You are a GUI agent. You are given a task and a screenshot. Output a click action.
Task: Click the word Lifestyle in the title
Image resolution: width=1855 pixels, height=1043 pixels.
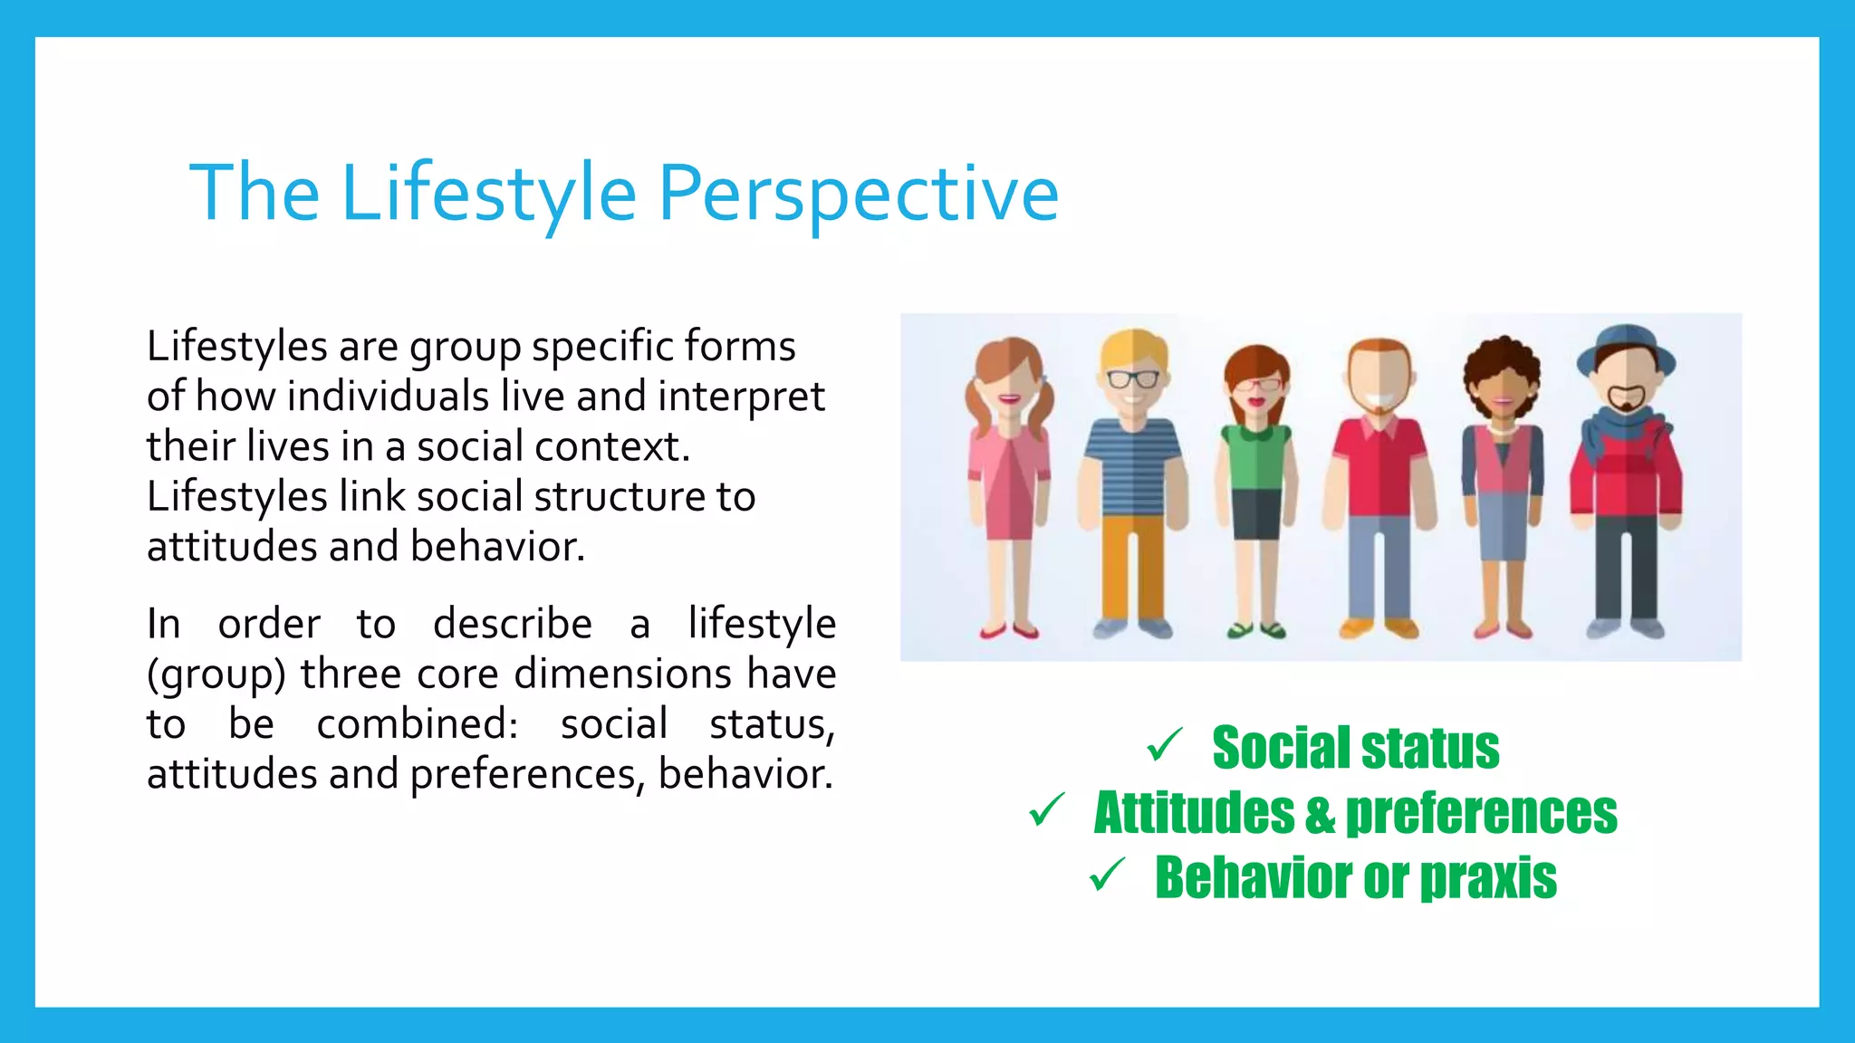coord(489,193)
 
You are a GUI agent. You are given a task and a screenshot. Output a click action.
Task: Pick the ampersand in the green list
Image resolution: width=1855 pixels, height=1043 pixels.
coord(1320,813)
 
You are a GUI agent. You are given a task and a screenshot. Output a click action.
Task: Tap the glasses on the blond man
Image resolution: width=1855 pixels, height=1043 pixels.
coord(1132,378)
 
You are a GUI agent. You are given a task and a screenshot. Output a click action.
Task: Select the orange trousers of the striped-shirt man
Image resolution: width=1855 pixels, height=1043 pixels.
coord(1132,566)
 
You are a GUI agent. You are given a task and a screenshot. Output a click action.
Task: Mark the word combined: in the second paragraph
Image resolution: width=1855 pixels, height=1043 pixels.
coord(417,724)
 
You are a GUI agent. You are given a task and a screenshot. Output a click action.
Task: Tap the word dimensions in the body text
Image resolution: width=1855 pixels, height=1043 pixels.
coord(623,675)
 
